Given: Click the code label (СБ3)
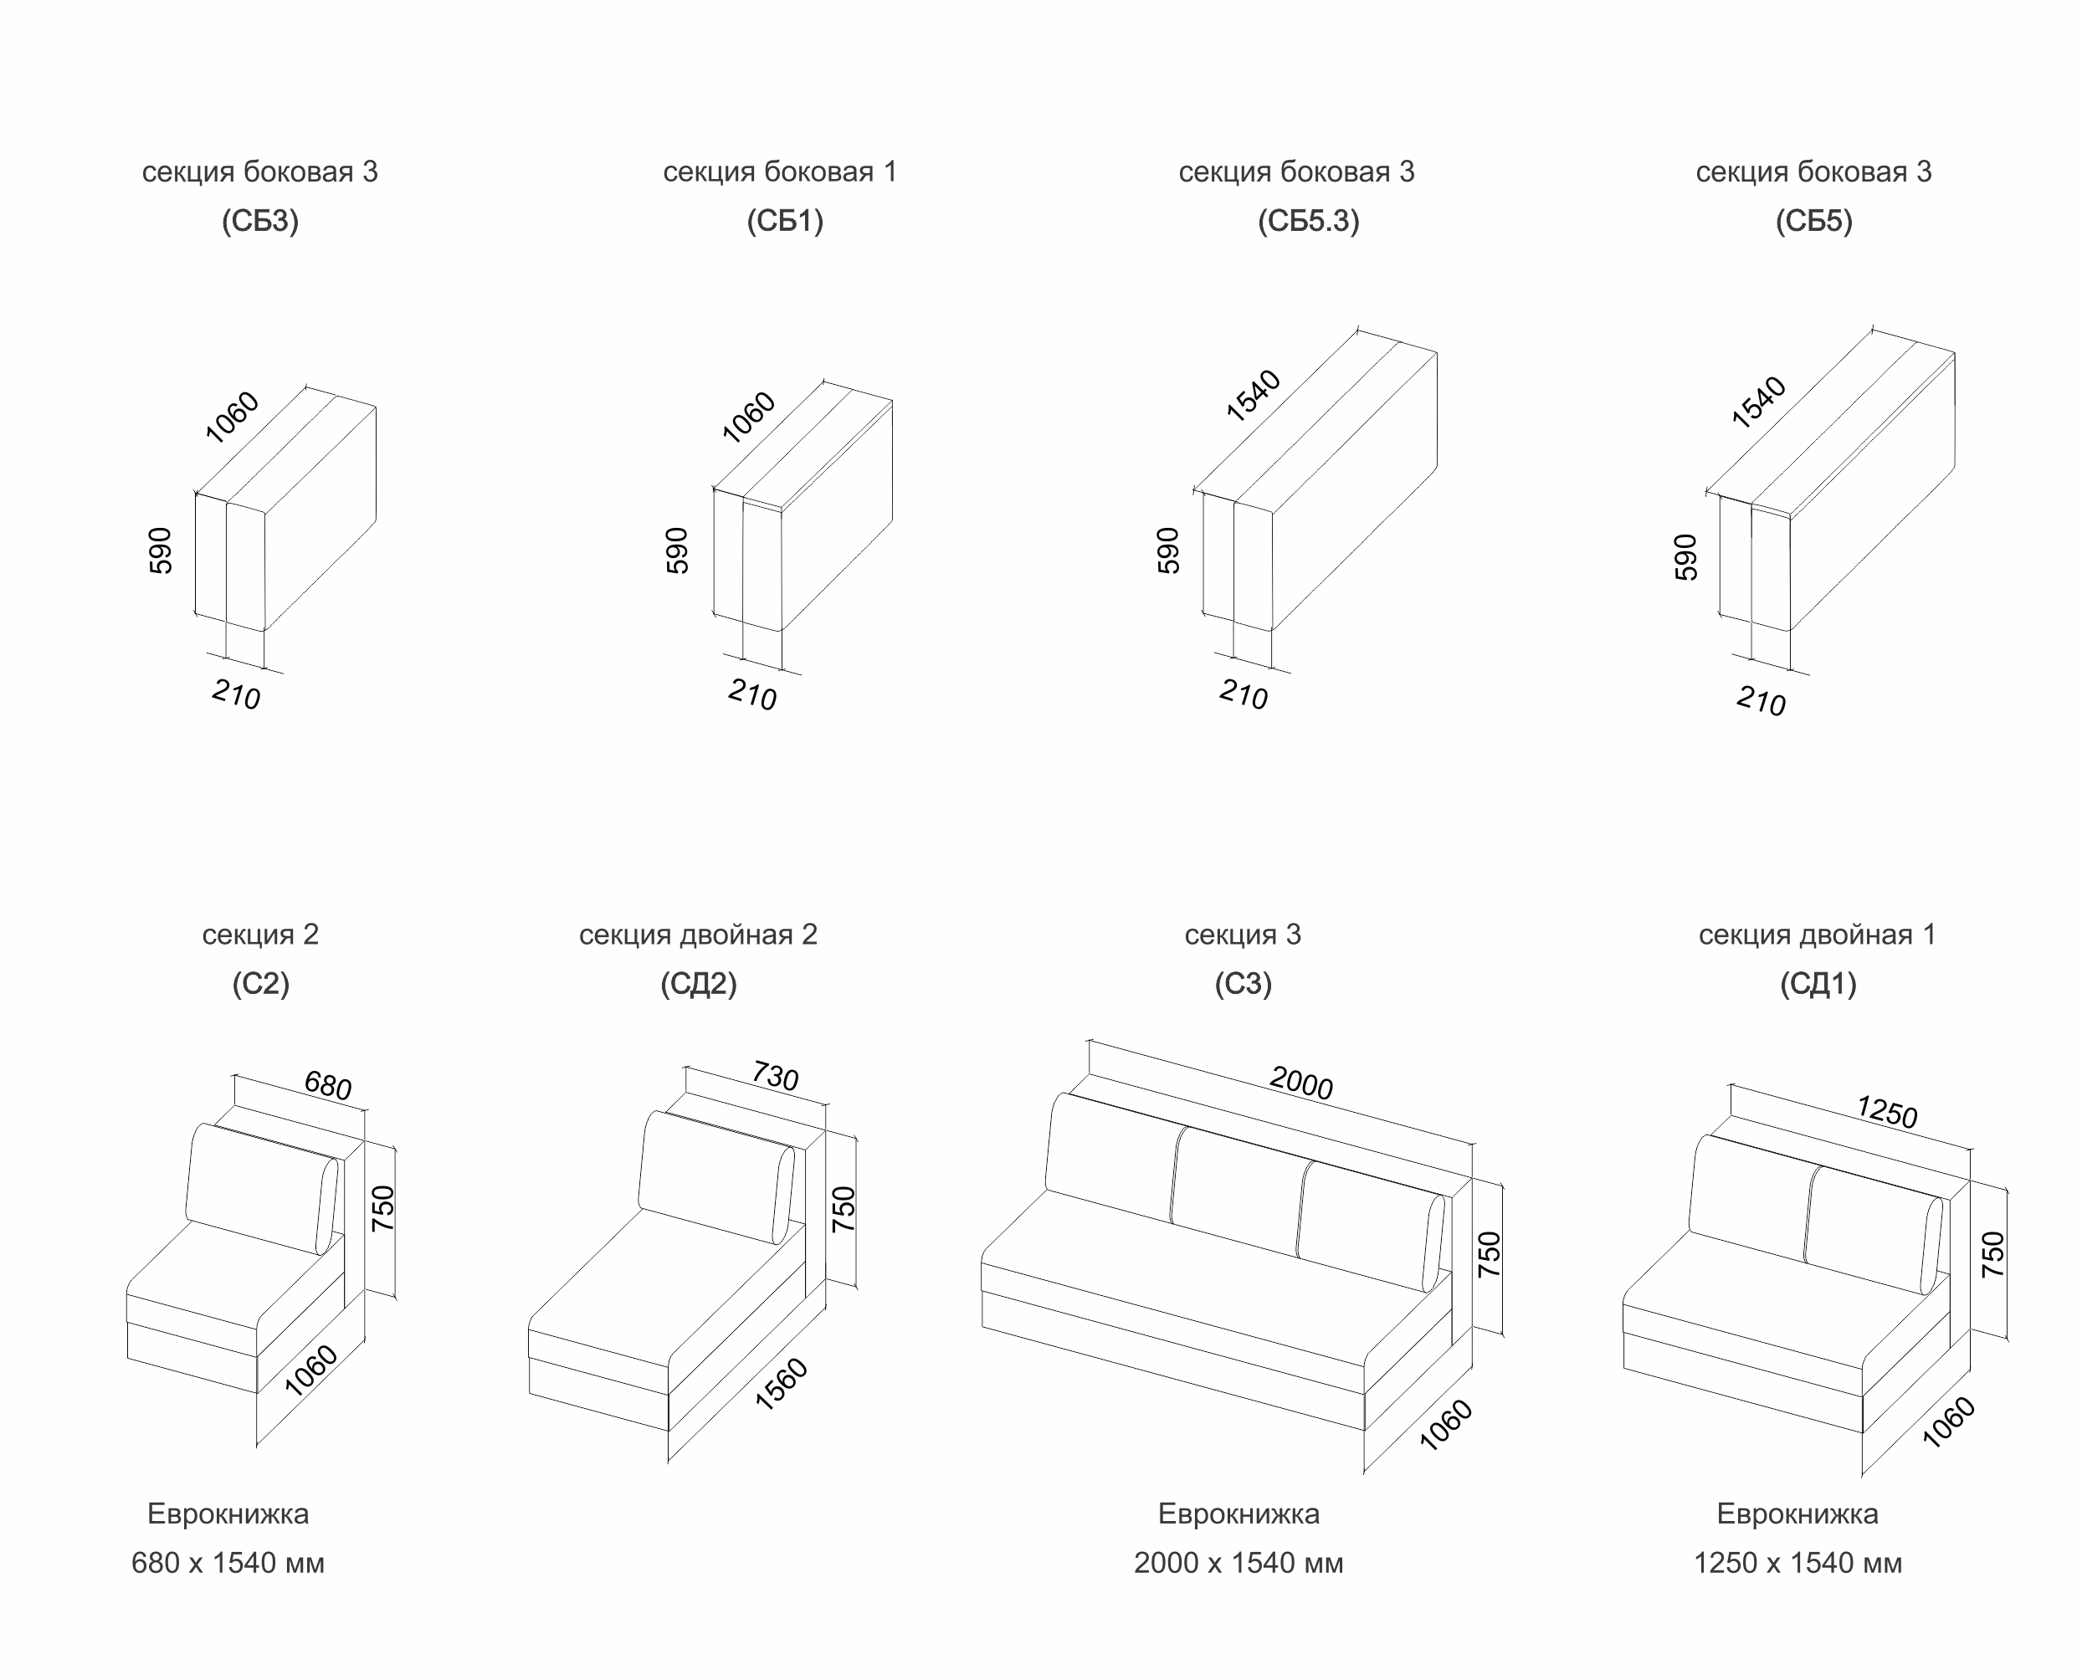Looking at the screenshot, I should pyautogui.click(x=259, y=222).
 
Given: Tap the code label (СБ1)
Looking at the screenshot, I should pyautogui.click(x=784, y=222).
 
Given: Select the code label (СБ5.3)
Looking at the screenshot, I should pyautogui.click(x=1308, y=222).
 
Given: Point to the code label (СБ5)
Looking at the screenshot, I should pyautogui.click(x=1813, y=222).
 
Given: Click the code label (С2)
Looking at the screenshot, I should pyautogui.click(x=260, y=984).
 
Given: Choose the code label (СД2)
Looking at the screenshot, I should pyautogui.click(x=698, y=984).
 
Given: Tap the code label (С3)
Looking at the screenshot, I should pyautogui.click(x=1243, y=984).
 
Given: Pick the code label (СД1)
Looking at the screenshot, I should pyautogui.click(x=1818, y=984).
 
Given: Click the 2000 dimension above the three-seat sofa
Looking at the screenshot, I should pyautogui.click(x=1300, y=1083).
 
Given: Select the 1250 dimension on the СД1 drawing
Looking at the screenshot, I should pyautogui.click(x=1886, y=1112).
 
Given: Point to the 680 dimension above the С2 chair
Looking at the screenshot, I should pyautogui.click(x=328, y=1085).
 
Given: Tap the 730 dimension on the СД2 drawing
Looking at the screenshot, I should pyautogui.click(x=775, y=1075).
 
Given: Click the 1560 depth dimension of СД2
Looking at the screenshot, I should pyautogui.click(x=781, y=1384).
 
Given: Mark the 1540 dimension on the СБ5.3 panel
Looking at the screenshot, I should pyautogui.click(x=1254, y=396).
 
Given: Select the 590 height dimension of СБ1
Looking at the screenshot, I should pyautogui.click(x=678, y=551).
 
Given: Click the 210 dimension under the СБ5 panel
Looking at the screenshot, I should pyautogui.click(x=1761, y=700).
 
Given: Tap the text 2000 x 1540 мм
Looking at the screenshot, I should pyautogui.click(x=1238, y=1563).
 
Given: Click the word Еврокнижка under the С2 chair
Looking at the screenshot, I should pyautogui.click(x=228, y=1514).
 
